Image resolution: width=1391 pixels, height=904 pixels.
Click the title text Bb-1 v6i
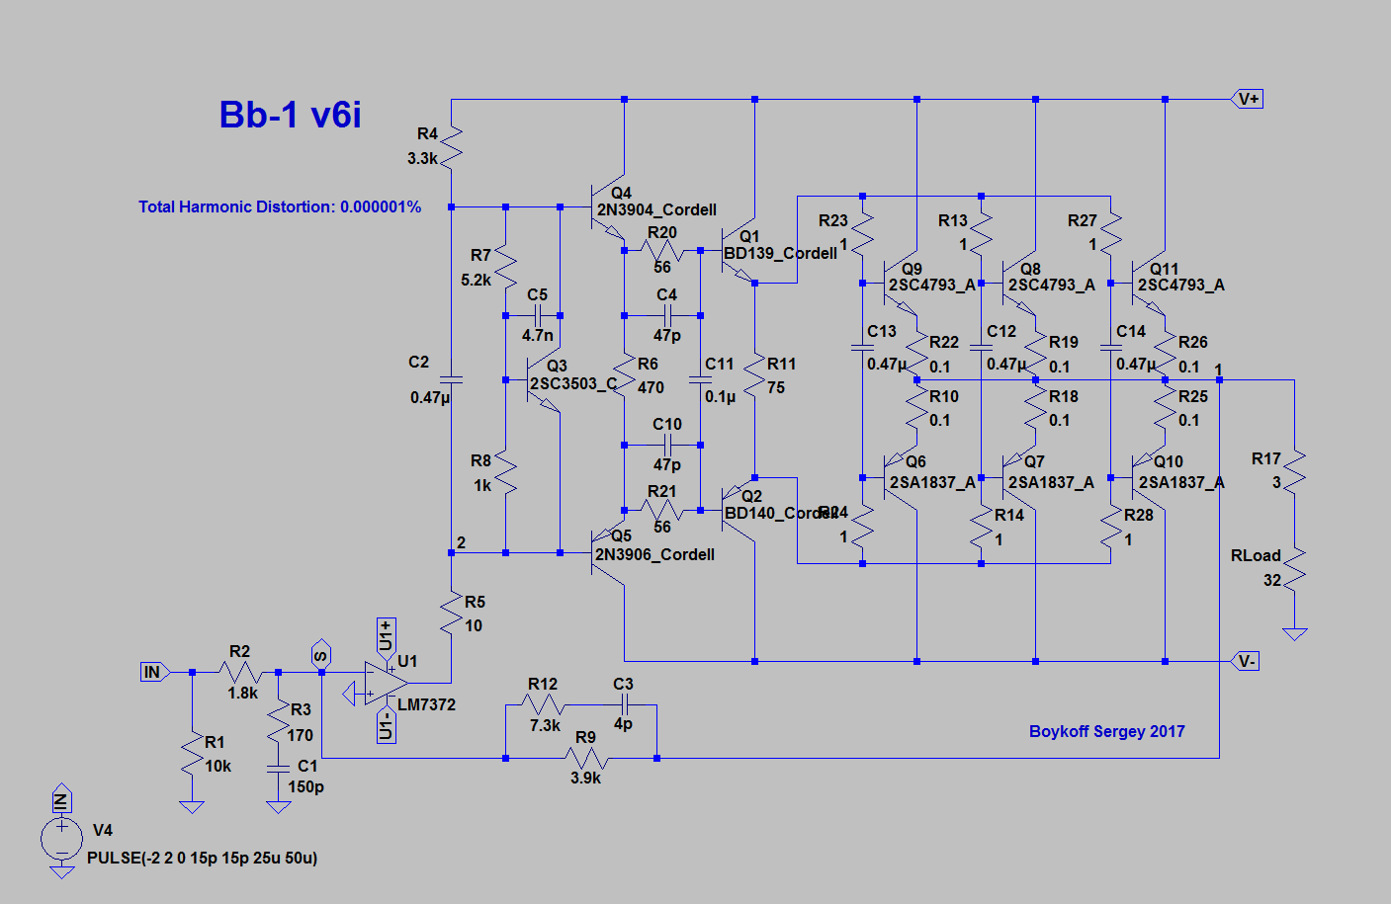[290, 115]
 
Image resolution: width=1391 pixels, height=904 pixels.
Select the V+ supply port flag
[1248, 99]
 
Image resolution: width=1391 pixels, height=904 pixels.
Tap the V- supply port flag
[1247, 661]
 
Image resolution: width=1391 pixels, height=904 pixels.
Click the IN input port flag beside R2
[152, 672]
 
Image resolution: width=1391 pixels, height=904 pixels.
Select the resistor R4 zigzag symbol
[451, 146]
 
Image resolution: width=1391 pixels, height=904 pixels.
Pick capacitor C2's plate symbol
[451, 379]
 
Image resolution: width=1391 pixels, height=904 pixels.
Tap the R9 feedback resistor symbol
[586, 759]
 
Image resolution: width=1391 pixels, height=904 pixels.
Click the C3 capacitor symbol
[624, 704]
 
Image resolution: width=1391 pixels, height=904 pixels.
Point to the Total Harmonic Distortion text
[280, 206]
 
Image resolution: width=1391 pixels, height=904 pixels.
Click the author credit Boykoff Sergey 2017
[1106, 731]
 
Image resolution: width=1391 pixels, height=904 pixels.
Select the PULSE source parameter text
[203, 858]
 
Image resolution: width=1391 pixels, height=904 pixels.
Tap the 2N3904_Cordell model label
[656, 209]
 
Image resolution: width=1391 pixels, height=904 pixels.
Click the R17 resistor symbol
[1294, 471]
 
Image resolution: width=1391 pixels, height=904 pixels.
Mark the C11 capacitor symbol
[700, 379]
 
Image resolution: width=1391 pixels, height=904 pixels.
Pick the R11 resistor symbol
[754, 376]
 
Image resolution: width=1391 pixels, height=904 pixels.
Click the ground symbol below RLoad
[1294, 633]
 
